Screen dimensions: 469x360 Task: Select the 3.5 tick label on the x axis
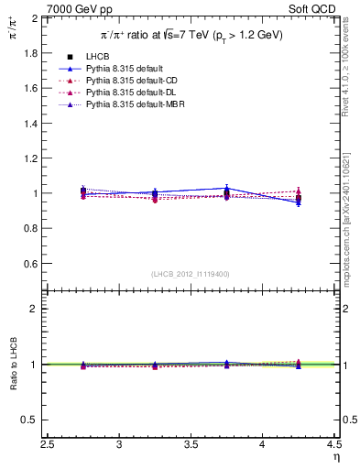191,445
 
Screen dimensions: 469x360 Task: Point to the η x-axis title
336,457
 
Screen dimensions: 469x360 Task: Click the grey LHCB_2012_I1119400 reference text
191,275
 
